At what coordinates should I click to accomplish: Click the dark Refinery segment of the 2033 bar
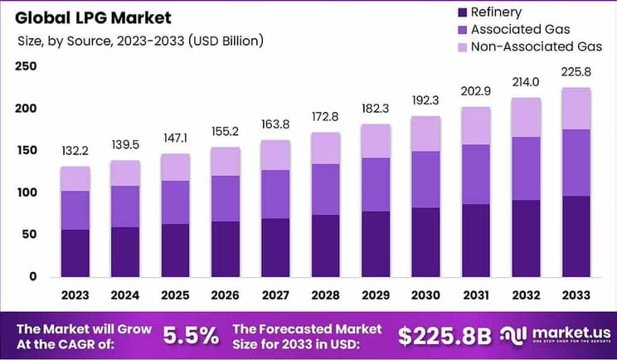click(x=576, y=236)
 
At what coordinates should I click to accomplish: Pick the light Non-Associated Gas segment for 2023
click(x=75, y=179)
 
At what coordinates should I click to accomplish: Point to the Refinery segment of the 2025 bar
click(x=175, y=251)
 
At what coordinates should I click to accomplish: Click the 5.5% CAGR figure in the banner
click(x=191, y=335)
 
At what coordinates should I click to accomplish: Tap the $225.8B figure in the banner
click(x=445, y=335)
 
